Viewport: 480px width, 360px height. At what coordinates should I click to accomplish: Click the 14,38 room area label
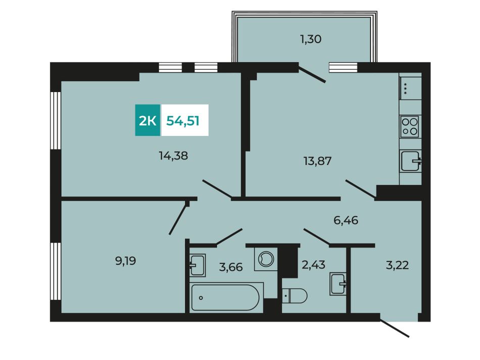tap(173, 156)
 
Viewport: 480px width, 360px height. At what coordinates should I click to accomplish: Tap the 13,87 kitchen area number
tap(317, 161)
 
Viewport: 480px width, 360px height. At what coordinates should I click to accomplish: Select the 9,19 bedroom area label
tap(125, 261)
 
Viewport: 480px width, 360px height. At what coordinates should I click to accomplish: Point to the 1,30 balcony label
tap(311, 39)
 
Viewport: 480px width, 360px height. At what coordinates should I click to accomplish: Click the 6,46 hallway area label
tap(346, 220)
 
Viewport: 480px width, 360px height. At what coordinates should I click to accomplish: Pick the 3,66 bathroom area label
tap(231, 267)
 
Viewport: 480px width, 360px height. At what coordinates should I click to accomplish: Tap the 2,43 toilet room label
tap(313, 265)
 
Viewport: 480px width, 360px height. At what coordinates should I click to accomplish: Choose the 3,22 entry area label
tap(397, 265)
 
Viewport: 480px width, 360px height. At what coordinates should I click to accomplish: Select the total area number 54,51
tap(183, 121)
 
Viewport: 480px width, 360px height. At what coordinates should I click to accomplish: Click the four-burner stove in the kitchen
tap(410, 127)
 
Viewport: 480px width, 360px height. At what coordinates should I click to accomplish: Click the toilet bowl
tap(295, 296)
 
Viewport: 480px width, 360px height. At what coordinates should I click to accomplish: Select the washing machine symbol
tap(266, 259)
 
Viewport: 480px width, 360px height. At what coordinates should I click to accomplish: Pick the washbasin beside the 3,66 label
tap(197, 265)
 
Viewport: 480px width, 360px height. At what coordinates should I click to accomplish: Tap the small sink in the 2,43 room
tap(338, 284)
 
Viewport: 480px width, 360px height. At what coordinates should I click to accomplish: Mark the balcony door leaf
tap(312, 75)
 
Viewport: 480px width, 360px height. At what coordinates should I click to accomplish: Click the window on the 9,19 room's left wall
tap(56, 271)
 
